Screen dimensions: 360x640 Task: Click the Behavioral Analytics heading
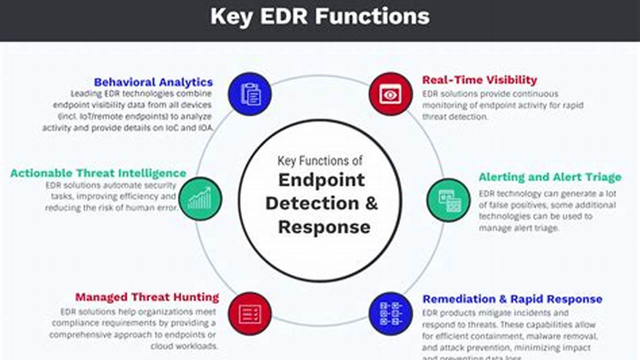pyautogui.click(x=153, y=82)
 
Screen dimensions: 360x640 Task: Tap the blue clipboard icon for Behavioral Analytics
pyautogui.click(x=250, y=94)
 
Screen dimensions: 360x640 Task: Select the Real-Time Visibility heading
pyautogui.click(x=479, y=80)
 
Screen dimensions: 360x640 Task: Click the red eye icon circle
pyautogui.click(x=391, y=94)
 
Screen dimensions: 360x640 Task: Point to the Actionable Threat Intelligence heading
pyautogui.click(x=98, y=173)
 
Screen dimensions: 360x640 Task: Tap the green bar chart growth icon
pyautogui.click(x=200, y=199)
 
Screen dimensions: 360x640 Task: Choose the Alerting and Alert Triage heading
pyautogui.click(x=549, y=177)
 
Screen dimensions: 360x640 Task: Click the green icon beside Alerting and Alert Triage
pyautogui.click(x=448, y=200)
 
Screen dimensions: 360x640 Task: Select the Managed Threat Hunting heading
pyautogui.click(x=147, y=297)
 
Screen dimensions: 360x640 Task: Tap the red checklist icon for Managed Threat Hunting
pyautogui.click(x=250, y=313)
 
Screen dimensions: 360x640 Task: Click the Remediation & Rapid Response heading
pyautogui.click(x=512, y=299)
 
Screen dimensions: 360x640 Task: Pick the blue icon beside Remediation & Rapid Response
pyautogui.click(x=391, y=313)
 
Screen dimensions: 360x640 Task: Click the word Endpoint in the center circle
pyautogui.click(x=321, y=180)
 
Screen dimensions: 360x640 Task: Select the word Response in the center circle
pyautogui.click(x=324, y=227)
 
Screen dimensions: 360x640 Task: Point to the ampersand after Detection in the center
pyautogui.click(x=372, y=203)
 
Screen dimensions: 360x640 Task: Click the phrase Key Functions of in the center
pyautogui.click(x=320, y=160)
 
